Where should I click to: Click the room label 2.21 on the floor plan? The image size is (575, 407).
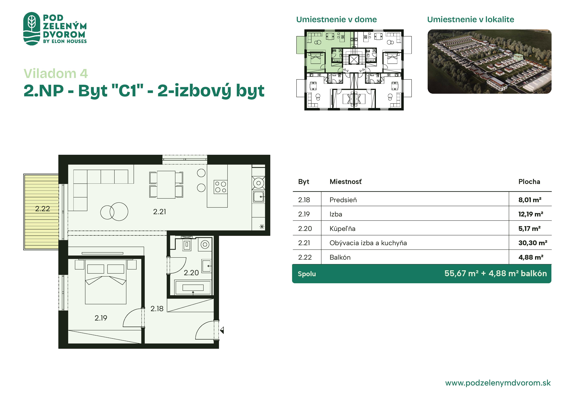click(x=159, y=212)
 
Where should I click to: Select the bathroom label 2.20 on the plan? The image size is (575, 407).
click(x=191, y=273)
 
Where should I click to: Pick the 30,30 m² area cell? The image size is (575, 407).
click(x=533, y=243)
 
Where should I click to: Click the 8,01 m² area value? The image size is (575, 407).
click(x=530, y=200)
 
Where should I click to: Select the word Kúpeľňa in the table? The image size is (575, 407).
click(x=342, y=228)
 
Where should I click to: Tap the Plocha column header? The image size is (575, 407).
click(x=529, y=182)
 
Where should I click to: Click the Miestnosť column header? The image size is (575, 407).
click(x=346, y=182)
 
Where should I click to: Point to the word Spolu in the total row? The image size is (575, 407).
click(x=307, y=274)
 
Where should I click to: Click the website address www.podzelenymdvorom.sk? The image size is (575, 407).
click(x=498, y=383)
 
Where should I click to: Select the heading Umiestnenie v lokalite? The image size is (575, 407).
click(x=471, y=19)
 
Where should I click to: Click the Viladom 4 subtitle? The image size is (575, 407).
click(x=56, y=74)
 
